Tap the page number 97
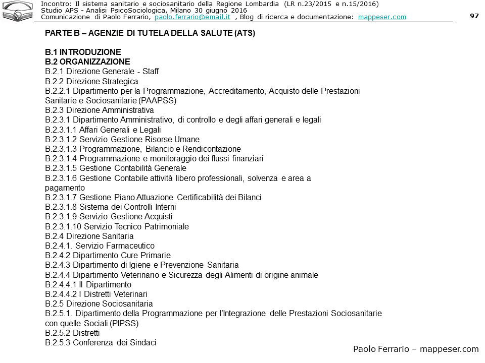pyautogui.click(x=474, y=16)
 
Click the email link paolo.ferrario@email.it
pyautogui.click(x=192, y=17)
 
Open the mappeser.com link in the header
pyautogui.click(x=381, y=17)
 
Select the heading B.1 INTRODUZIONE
pyautogui.click(x=83, y=52)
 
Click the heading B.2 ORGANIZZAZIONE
pyautogui.click(x=87, y=62)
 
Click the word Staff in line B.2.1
pyautogui.click(x=151, y=72)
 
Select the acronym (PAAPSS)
pyautogui.click(x=153, y=100)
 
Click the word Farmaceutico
pyautogui.click(x=130, y=246)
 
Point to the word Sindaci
pyautogui.click(x=141, y=342)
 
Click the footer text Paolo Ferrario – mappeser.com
pyautogui.click(x=415, y=349)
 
